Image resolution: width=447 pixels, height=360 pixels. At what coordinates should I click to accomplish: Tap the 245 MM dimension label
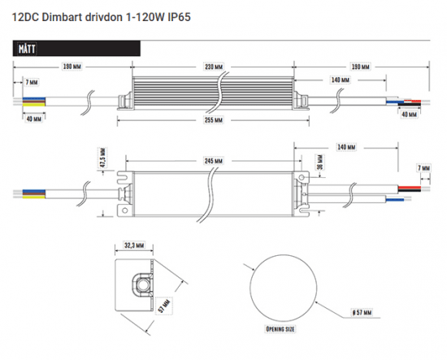(215, 162)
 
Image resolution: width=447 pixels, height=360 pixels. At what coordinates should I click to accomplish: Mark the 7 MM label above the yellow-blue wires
(31, 82)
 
